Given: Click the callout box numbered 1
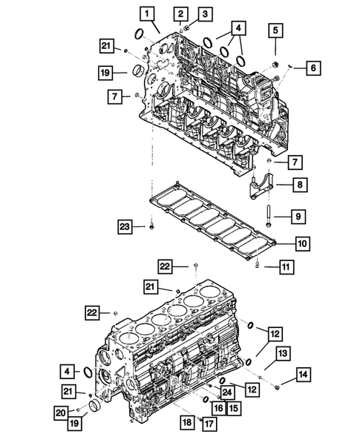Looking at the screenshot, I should pyautogui.click(x=148, y=13).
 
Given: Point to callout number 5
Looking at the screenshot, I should pyautogui.click(x=275, y=30).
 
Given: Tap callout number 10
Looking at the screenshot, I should pyautogui.click(x=304, y=243).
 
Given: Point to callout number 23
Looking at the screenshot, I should pyautogui.click(x=125, y=226).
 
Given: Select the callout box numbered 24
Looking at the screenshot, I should pyautogui.click(x=226, y=392).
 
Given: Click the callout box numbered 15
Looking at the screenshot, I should pyautogui.click(x=233, y=407).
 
